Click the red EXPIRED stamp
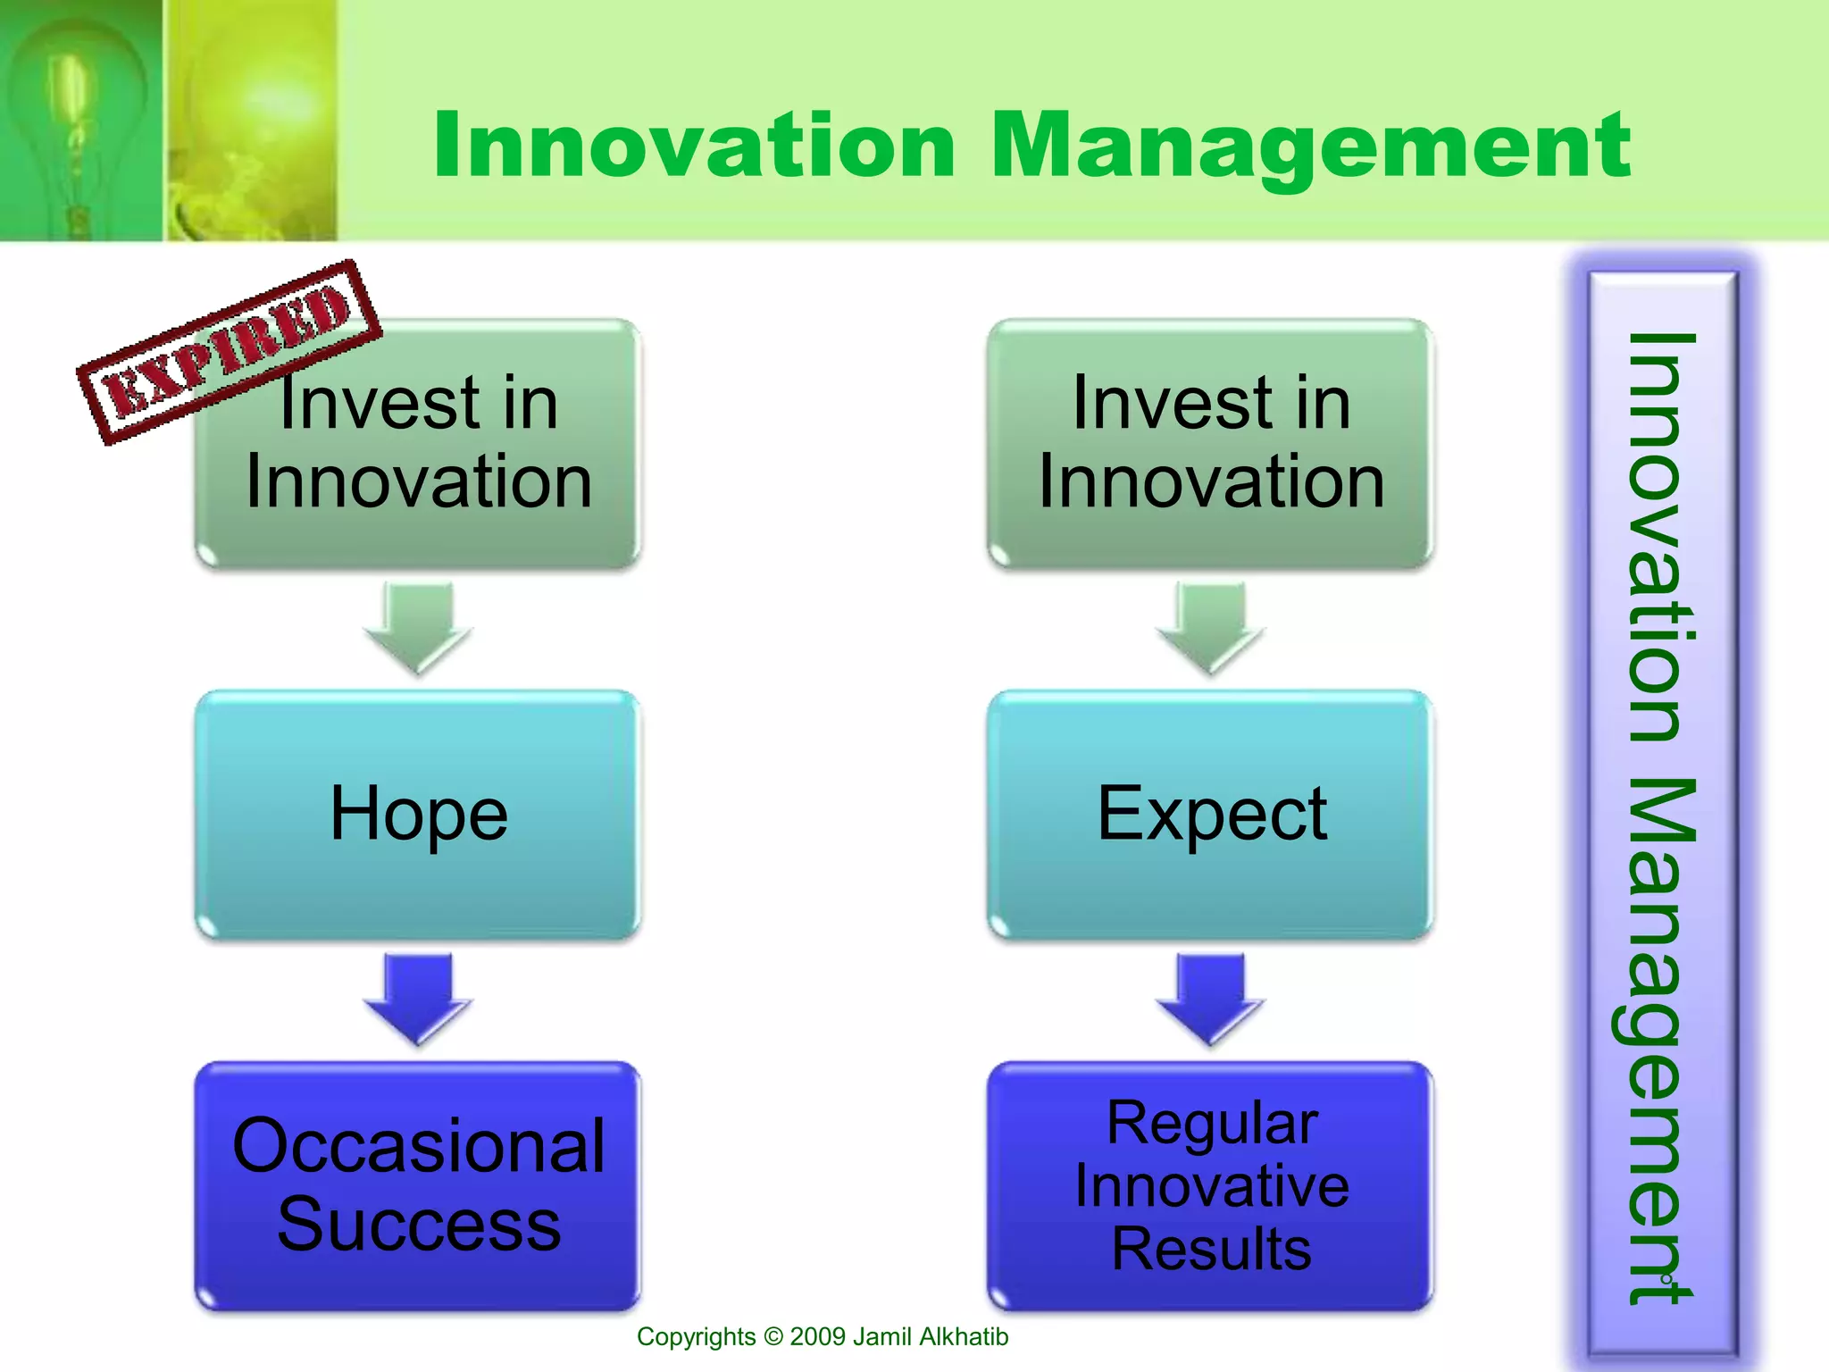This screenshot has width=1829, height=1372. [x=230, y=351]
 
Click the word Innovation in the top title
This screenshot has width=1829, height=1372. [x=695, y=145]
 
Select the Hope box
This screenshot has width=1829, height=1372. [x=418, y=814]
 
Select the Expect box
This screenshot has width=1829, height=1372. [x=1210, y=814]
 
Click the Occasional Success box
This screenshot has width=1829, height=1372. [x=418, y=1185]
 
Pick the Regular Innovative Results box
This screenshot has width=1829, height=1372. [x=1210, y=1185]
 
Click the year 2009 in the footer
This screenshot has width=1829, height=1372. [x=817, y=1337]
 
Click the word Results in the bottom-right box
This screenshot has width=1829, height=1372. [x=1211, y=1249]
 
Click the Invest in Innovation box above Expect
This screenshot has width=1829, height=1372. [x=1210, y=442]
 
